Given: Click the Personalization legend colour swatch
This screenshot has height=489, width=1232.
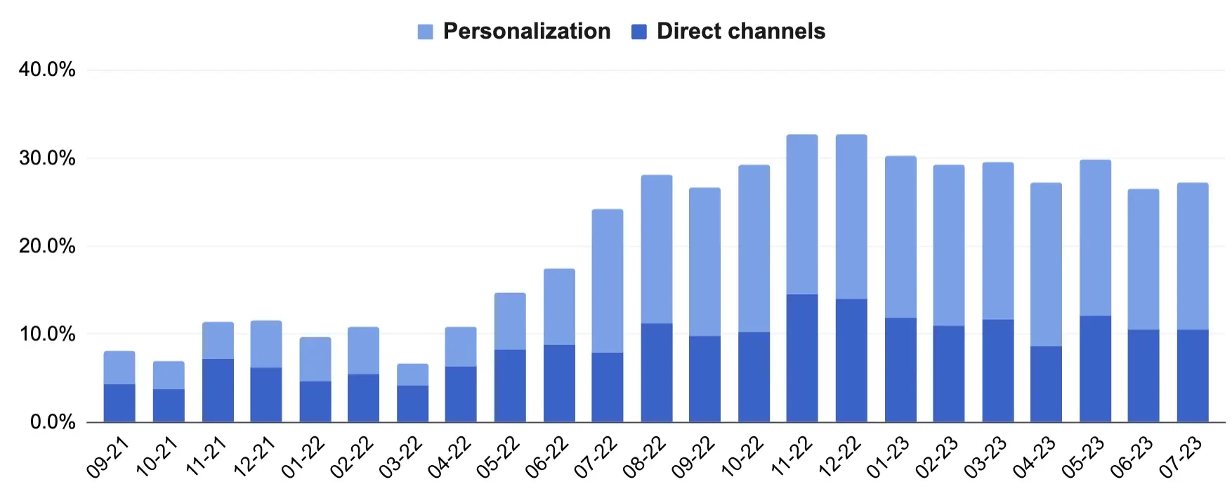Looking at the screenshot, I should click(425, 32).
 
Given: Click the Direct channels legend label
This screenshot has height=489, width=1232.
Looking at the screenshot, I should click(740, 32).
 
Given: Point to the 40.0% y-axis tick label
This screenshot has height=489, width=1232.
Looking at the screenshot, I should click(47, 70).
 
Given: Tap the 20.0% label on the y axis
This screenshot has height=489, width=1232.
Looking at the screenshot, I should click(47, 246).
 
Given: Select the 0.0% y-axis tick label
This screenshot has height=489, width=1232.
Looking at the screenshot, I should click(52, 422).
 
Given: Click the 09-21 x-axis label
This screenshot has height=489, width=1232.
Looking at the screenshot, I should click(107, 457).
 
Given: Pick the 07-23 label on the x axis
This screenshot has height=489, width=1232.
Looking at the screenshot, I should click(1181, 457).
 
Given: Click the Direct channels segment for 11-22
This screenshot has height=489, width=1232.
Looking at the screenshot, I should click(802, 358).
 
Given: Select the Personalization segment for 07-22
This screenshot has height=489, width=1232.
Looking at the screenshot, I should click(607, 281).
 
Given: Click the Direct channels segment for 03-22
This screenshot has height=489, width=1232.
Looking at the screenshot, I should click(412, 404).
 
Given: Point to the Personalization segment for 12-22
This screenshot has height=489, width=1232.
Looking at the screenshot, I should click(851, 217).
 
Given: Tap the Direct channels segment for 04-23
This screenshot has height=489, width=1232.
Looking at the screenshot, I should click(1046, 384).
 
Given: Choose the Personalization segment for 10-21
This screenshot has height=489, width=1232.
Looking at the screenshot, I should click(169, 376).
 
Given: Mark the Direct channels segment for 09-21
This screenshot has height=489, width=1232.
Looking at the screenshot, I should click(119, 403).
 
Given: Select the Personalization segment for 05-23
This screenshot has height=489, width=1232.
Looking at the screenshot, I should click(1095, 238).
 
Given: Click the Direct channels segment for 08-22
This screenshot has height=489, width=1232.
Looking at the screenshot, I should click(656, 373).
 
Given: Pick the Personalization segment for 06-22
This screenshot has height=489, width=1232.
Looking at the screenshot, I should click(559, 307).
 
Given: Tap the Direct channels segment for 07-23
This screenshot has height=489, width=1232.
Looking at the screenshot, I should click(1193, 376).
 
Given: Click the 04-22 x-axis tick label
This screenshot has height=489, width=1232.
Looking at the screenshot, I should click(449, 457).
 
